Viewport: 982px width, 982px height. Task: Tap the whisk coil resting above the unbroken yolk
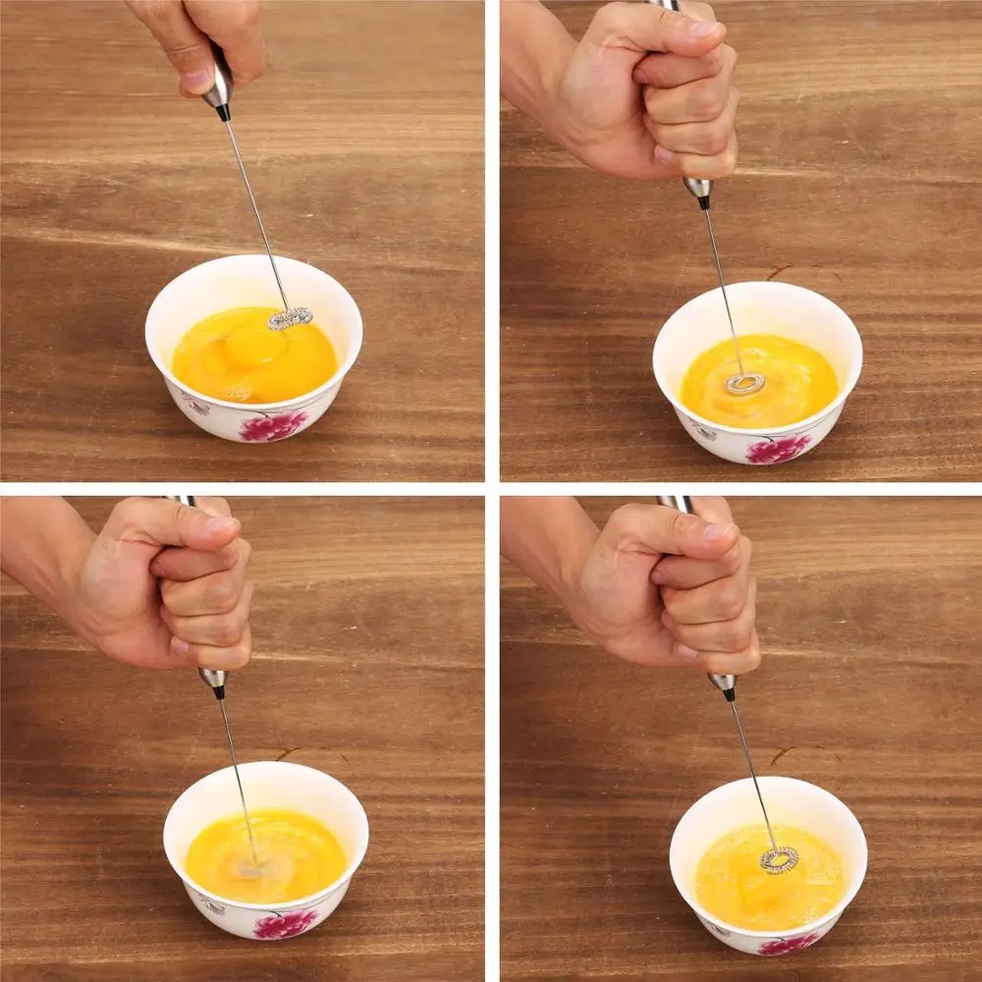pyautogui.click(x=291, y=317)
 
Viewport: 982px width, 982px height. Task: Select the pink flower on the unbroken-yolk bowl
pyautogui.click(x=272, y=425)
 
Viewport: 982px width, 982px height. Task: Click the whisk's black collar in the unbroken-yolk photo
pyautogui.click(x=223, y=112)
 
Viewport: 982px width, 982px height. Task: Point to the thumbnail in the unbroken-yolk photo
pyautogui.click(x=197, y=78)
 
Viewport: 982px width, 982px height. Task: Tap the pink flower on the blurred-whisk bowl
pyautogui.click(x=285, y=922)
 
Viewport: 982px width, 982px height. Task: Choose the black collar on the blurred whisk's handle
pyautogui.click(x=218, y=690)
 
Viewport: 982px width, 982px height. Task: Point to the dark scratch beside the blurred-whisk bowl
pyautogui.click(x=287, y=753)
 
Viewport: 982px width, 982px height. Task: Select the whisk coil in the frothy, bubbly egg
pyautogui.click(x=779, y=860)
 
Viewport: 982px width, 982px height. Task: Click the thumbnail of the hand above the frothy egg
pyautogui.click(x=719, y=531)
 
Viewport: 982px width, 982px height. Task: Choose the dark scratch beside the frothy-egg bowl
pyautogui.click(x=782, y=754)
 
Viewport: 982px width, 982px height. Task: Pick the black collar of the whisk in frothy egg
pyautogui.click(x=728, y=693)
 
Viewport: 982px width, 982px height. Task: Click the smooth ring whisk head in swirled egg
pyautogui.click(x=745, y=383)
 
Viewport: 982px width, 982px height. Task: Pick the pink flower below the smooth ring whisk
pyautogui.click(x=778, y=448)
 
